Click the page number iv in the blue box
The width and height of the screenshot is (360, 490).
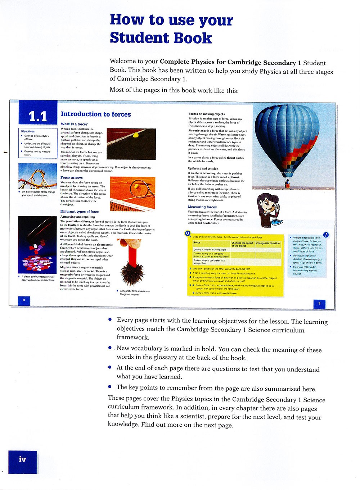tap(22, 459)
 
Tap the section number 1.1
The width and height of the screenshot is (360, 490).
tap(38, 116)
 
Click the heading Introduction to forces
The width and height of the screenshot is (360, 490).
tap(96, 114)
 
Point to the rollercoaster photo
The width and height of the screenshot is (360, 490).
tap(37, 176)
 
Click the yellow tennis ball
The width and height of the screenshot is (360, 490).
tap(136, 135)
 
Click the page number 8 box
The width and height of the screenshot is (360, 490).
tap(24, 300)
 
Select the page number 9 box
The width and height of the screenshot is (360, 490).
tap(319, 303)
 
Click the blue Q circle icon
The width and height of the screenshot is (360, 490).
tap(188, 233)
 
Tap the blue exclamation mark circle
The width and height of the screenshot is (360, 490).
tap(326, 235)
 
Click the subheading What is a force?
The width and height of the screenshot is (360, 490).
tap(74, 124)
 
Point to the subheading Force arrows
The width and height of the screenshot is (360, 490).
tap(72, 177)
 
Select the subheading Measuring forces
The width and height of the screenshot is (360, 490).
tap(202, 207)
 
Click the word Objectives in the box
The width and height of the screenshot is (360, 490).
tap(28, 131)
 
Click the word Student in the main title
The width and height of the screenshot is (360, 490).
tap(160, 38)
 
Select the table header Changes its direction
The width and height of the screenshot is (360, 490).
tap(268, 243)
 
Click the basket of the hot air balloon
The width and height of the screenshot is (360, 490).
tap(287, 185)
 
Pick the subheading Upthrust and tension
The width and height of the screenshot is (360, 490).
tap(203, 168)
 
